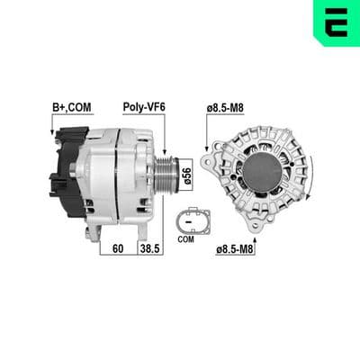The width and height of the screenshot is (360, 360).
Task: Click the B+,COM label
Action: pos(71,107)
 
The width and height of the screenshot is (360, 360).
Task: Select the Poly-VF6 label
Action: pos(144,107)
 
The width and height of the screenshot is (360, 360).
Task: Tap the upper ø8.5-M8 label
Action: pos(225,108)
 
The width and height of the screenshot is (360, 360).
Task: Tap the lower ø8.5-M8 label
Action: pos(236,249)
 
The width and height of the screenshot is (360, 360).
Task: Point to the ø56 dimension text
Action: pos(186,175)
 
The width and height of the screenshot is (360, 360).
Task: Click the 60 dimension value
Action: pos(118,248)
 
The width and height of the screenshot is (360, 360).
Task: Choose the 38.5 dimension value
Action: pos(150,248)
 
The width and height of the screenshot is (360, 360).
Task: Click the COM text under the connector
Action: pos(186,239)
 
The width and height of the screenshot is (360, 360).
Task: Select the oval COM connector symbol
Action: pos(193,221)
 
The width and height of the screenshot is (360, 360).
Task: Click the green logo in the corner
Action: pos(337,22)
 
